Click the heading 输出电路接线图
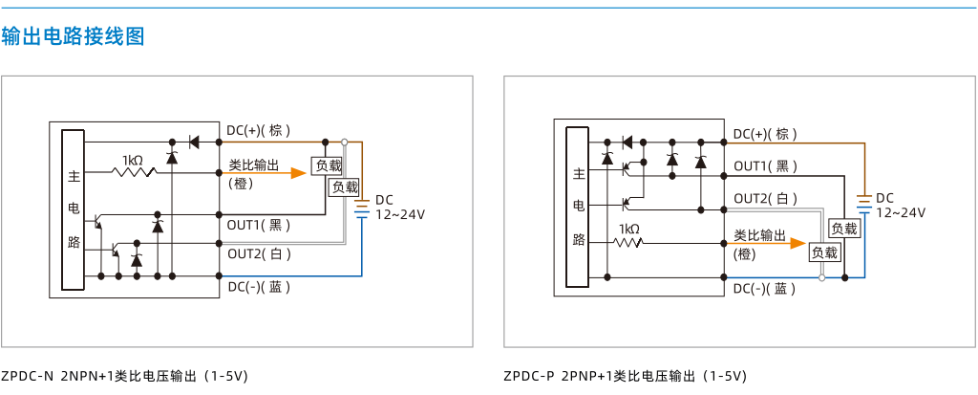coord(73,36)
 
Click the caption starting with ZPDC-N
coord(125,376)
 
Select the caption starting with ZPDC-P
coord(625,376)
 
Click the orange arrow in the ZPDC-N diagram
coord(267,173)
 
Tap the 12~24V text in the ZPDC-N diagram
coord(400,214)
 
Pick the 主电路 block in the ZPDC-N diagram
coord(74,209)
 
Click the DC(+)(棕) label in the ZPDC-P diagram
coord(765,134)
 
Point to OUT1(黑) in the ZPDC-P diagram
coord(765,166)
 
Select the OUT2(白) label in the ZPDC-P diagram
coord(765,199)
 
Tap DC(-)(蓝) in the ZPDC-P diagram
coord(765,289)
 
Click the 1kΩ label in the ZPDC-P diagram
coord(628,229)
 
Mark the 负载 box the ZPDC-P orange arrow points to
coord(824,253)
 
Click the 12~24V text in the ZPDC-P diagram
coord(902,212)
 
